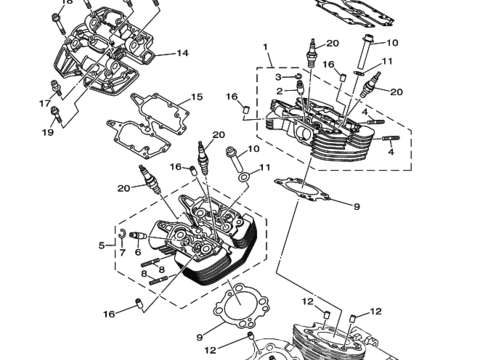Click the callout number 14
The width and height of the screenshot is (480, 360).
coord(182,53)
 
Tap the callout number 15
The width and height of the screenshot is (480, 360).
coord(197,97)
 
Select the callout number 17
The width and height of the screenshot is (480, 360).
coord(45,104)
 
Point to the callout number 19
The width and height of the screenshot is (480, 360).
coord(48,132)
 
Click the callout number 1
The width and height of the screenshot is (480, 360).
coord(265,47)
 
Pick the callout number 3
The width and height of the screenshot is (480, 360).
coord(278,77)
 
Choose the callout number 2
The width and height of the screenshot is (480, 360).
coord(279,91)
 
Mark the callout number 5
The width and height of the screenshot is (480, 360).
coord(102,246)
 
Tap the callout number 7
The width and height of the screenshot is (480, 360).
coord(122,253)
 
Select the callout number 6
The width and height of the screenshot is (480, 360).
coord(138,252)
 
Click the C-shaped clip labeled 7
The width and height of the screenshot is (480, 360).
coord(122,234)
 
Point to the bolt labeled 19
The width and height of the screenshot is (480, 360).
coord(56,114)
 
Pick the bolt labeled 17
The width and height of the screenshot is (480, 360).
coord(55,87)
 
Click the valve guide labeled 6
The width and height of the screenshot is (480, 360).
coord(138,235)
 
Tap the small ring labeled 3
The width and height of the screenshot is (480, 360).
coord(299,76)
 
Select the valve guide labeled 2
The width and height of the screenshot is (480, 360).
coord(300,86)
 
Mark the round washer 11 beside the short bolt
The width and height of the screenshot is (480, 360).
coord(244,177)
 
